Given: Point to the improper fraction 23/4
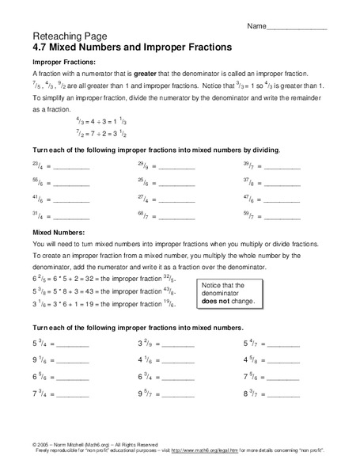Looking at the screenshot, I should pos(38,166).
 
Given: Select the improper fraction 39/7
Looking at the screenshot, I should pos(248,166).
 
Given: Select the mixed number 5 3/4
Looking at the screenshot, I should pos(40,344).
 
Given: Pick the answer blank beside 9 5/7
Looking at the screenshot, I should pos(177,393).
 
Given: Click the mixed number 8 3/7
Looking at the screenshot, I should pos(251,393).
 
